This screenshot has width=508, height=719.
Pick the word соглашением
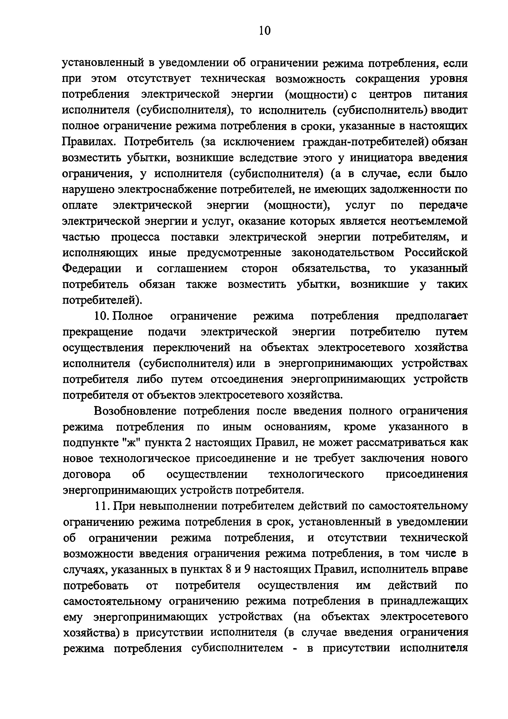click(192, 269)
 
